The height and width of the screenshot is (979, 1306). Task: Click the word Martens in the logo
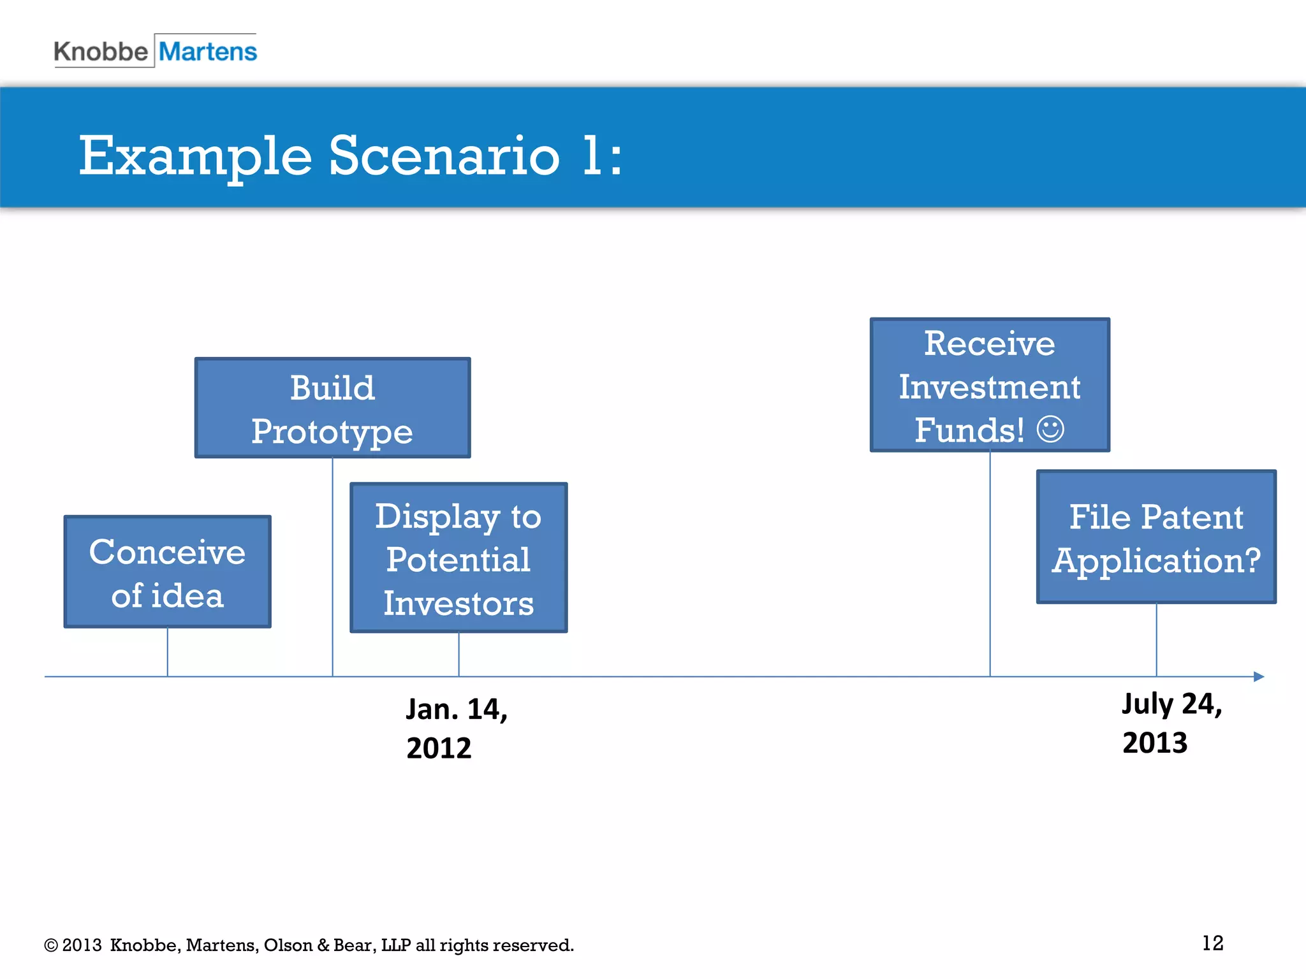click(208, 51)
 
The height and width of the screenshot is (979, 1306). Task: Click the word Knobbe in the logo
click(101, 52)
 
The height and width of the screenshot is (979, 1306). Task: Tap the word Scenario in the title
click(444, 156)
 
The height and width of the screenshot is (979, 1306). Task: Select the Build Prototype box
click(332, 408)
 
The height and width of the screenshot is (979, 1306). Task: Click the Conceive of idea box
click(168, 572)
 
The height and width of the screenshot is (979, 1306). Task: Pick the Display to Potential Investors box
click(459, 558)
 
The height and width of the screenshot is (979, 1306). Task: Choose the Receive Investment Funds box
click(990, 385)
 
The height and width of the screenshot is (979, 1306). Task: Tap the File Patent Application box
click(1156, 537)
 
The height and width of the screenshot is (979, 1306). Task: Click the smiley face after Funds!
click(1050, 429)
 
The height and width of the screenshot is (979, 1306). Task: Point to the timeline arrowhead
click(1258, 676)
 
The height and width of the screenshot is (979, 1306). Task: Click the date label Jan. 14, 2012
click(457, 728)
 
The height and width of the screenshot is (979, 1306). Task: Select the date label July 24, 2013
click(1171, 723)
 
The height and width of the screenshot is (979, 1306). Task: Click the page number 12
click(1212, 943)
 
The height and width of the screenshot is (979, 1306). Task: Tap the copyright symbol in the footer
click(51, 945)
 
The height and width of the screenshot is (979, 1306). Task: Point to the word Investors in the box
click(459, 603)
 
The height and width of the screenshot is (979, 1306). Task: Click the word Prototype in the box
click(332, 431)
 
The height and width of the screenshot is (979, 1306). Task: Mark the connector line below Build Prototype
click(332, 567)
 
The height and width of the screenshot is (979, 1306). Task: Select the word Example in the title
click(195, 156)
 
